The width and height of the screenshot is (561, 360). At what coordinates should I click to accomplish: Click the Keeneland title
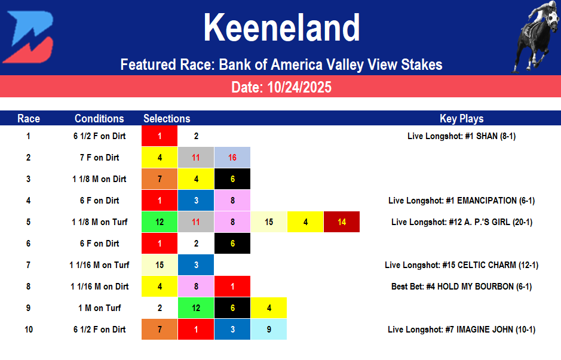pyautogui.click(x=281, y=28)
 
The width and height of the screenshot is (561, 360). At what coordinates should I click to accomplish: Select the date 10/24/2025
pyautogui.click(x=281, y=88)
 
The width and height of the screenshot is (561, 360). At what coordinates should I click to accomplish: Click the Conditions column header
pyautogui.click(x=99, y=118)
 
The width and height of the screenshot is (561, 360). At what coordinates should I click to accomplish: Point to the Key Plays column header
pyautogui.click(x=461, y=118)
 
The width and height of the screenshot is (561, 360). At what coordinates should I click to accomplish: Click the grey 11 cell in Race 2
pyautogui.click(x=196, y=158)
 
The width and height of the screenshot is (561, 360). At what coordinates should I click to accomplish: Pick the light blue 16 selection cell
pyautogui.click(x=232, y=158)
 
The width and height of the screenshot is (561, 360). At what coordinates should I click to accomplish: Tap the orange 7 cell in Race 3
pyautogui.click(x=160, y=179)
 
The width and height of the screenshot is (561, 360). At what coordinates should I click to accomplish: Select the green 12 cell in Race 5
pyautogui.click(x=160, y=222)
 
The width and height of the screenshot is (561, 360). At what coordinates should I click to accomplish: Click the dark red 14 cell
pyautogui.click(x=342, y=222)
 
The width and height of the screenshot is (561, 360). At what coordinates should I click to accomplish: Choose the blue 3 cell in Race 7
pyautogui.click(x=196, y=265)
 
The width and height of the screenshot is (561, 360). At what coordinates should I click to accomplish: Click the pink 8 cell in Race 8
pyautogui.click(x=196, y=287)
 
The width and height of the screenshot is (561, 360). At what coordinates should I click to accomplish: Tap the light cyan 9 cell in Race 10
pyautogui.click(x=269, y=330)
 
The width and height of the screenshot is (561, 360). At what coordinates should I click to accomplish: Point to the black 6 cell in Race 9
pyautogui.click(x=232, y=308)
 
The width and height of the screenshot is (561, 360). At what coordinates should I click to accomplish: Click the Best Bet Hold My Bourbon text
pyautogui.click(x=461, y=287)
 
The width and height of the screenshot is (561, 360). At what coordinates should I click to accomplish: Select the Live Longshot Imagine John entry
pyautogui.click(x=461, y=330)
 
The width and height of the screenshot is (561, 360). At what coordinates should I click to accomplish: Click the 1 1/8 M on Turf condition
pyautogui.click(x=99, y=222)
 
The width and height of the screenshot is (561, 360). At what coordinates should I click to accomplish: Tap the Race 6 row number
pyautogui.click(x=28, y=244)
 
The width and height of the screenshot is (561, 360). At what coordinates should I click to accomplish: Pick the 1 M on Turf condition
pyautogui.click(x=99, y=308)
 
